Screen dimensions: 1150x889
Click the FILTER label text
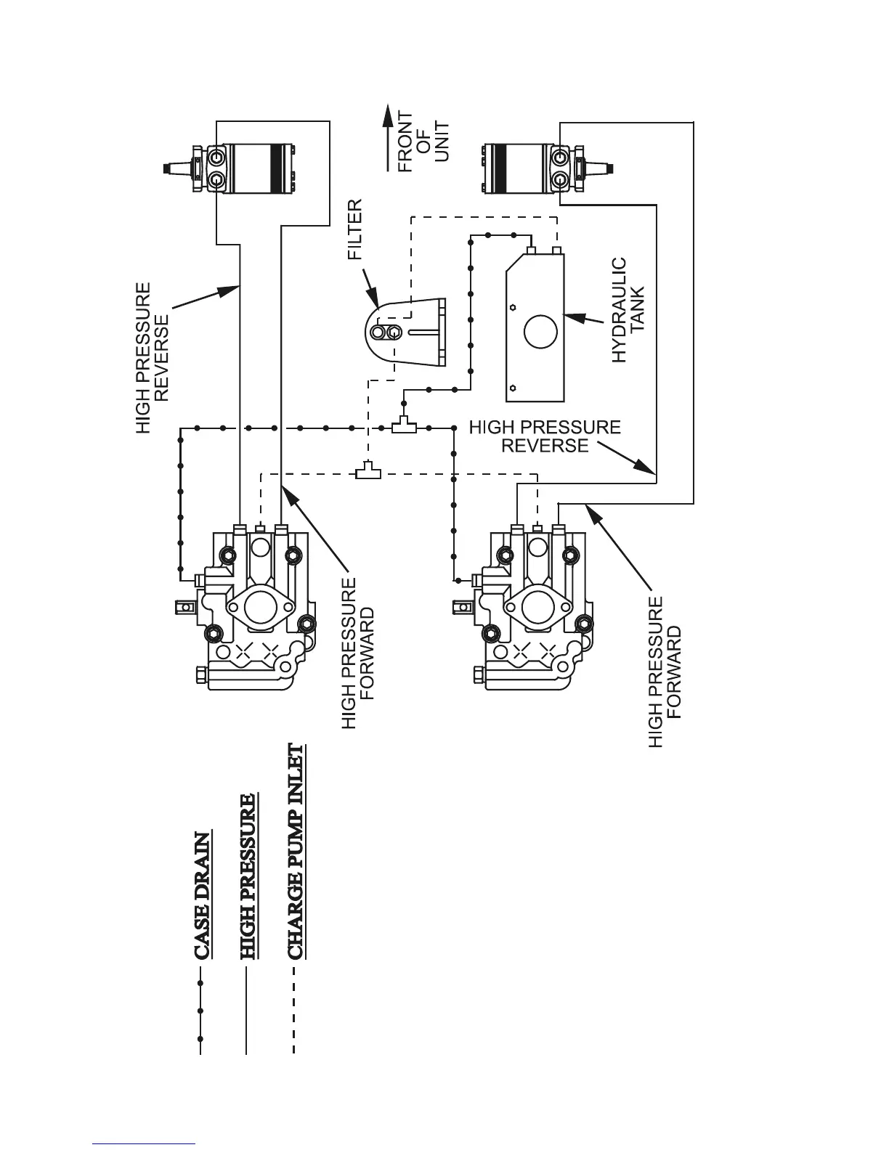tap(354, 230)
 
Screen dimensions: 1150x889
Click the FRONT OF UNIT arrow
tap(387, 138)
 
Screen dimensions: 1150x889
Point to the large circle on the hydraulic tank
tap(540, 332)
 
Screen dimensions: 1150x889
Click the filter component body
tap(407, 332)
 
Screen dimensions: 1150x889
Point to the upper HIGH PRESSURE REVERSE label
tap(153, 358)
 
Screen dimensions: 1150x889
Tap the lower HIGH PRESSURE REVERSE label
tap(545, 436)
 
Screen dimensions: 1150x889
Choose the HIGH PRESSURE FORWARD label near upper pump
tap(358, 653)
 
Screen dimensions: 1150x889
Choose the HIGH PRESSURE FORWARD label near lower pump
tap(665, 672)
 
